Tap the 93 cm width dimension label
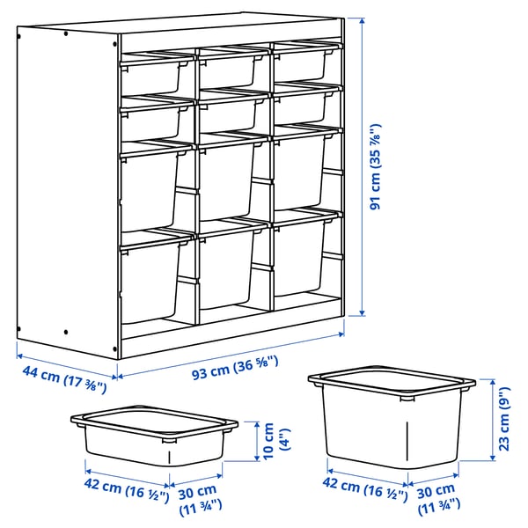pyautogui.click(x=235, y=361)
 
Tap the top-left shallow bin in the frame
pyautogui.click(x=151, y=74)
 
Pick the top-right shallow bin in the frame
pyautogui.click(x=301, y=64)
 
